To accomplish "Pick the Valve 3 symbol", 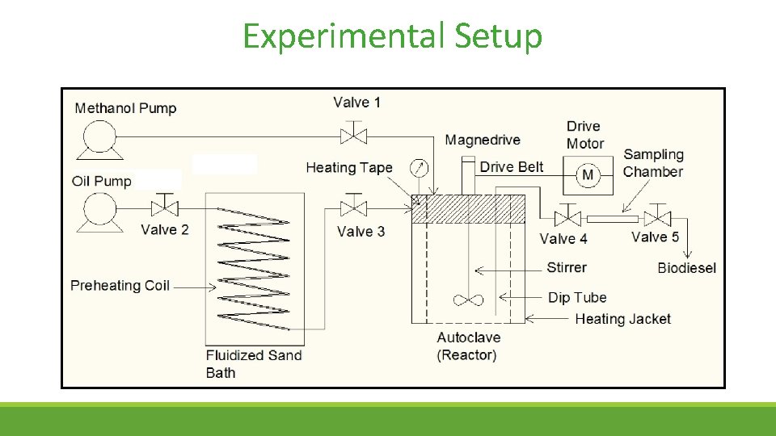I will click(353, 209).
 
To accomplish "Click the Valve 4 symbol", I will click(567, 218).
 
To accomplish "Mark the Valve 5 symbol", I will click(660, 218).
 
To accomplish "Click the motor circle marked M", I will click(588, 175).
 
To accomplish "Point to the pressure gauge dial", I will click(419, 169).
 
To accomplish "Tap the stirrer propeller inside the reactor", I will click(469, 300).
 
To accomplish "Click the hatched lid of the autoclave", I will click(469, 209).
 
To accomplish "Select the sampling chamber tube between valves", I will click(613, 218).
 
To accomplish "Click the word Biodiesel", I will click(686, 268).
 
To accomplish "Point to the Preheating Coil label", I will click(120, 286).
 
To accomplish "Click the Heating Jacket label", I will click(622, 319).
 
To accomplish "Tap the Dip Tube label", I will click(577, 297).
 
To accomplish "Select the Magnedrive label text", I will click(483, 140).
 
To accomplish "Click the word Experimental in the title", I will click(342, 37).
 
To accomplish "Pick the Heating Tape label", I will click(349, 168).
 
